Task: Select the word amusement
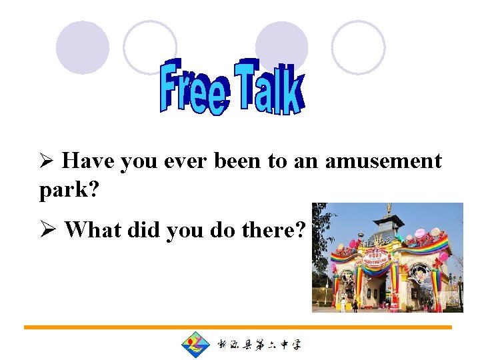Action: (383, 161)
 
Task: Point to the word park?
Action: (69, 190)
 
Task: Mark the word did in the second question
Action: (144, 230)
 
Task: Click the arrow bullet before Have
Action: (47, 162)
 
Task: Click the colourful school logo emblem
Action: (195, 345)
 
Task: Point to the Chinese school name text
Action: (259, 345)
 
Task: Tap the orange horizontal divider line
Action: (237, 327)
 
